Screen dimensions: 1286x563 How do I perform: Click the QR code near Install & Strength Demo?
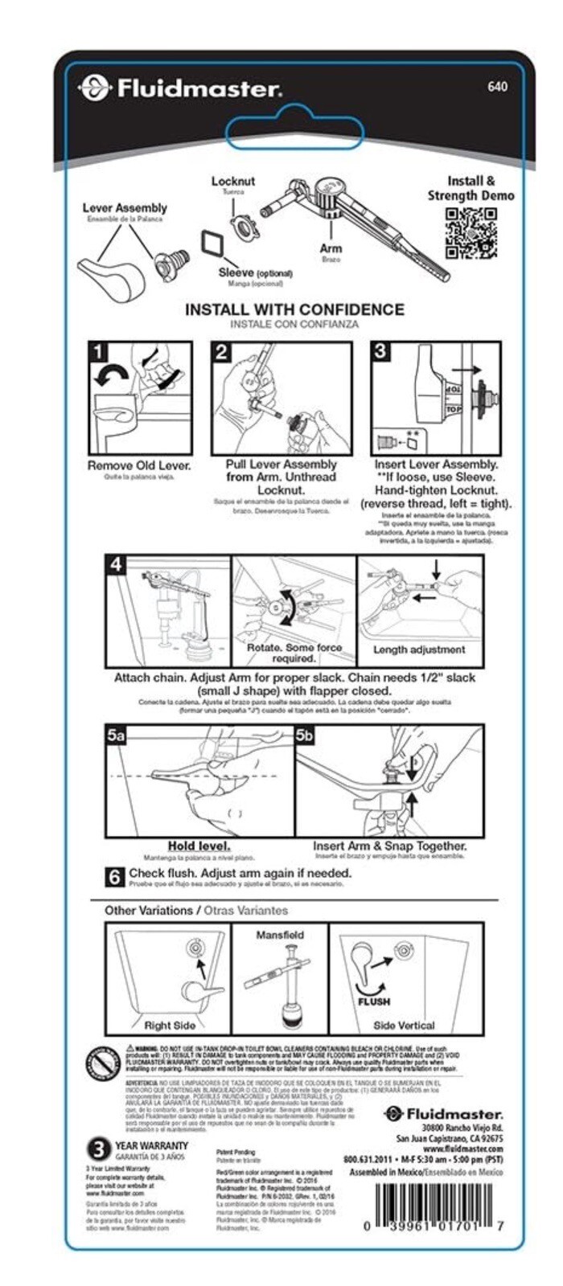click(471, 233)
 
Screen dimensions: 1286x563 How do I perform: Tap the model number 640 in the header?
click(498, 86)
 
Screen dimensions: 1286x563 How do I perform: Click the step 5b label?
click(305, 735)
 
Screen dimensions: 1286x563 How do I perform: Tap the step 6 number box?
click(116, 876)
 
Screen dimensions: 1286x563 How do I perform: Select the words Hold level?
click(199, 846)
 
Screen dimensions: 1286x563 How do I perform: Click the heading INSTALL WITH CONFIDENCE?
click(294, 309)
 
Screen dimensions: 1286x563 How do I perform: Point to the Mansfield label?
click(280, 935)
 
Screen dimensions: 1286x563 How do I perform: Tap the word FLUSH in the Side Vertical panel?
click(374, 1001)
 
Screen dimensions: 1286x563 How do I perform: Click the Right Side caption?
click(170, 1025)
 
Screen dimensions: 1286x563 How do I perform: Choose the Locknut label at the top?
click(233, 182)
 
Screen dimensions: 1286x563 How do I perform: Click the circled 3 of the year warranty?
click(98, 1149)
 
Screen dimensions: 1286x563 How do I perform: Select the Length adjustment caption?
click(419, 649)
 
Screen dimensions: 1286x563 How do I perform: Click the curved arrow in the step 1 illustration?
click(111, 374)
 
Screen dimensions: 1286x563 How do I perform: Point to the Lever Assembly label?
click(125, 208)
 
